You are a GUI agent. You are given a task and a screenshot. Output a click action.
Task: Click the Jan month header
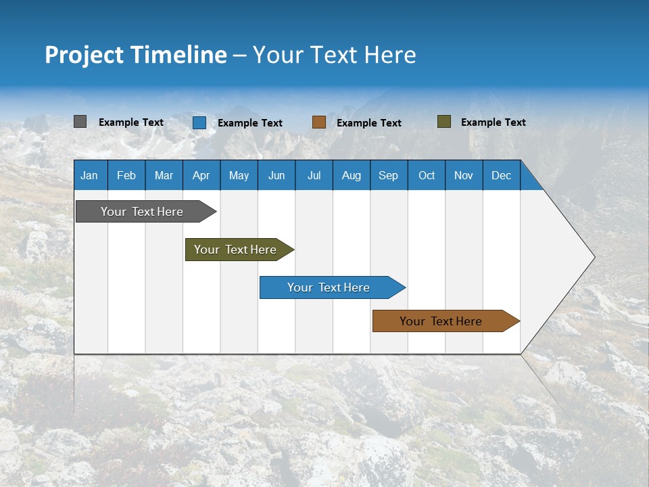click(89, 175)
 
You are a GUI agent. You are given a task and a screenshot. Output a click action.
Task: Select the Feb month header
click(126, 175)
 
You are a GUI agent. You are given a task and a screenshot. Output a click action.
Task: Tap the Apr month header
click(201, 175)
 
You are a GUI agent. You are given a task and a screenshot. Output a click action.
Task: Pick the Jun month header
click(277, 175)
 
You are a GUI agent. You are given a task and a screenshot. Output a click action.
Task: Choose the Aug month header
click(352, 175)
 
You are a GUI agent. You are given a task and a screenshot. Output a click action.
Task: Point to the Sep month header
click(389, 175)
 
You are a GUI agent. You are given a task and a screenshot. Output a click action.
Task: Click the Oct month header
click(427, 175)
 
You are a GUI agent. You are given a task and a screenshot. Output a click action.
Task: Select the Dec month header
click(502, 175)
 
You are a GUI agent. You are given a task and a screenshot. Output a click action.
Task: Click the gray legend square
click(80, 122)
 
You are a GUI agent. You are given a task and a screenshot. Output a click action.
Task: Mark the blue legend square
click(199, 122)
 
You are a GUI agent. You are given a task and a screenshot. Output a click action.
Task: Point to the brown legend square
click(319, 122)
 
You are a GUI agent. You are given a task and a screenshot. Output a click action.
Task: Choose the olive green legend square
click(443, 122)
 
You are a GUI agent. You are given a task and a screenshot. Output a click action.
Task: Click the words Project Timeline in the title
click(135, 55)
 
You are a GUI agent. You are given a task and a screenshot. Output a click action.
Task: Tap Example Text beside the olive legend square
click(493, 122)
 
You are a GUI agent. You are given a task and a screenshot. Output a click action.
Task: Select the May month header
click(239, 175)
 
